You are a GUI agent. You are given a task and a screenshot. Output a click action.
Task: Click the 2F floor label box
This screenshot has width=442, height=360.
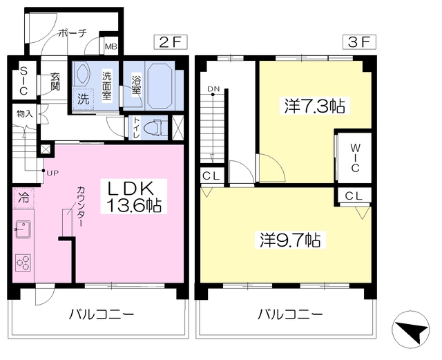[171, 42]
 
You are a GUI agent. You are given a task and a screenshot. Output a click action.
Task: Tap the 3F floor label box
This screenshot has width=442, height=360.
[359, 42]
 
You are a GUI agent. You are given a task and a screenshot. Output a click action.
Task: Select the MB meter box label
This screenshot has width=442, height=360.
[111, 46]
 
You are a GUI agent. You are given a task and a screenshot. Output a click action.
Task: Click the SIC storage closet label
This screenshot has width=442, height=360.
[23, 80]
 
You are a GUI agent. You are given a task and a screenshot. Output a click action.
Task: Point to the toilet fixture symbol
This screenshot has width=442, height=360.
[154, 128]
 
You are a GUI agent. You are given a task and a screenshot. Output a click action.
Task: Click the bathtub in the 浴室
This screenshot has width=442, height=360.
[160, 86]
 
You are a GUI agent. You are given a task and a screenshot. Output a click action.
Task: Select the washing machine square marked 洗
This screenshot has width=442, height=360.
[83, 99]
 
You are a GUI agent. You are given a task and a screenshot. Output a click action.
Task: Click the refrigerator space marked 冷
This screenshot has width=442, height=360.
[23, 198]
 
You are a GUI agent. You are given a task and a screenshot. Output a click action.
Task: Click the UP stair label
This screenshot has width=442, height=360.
[52, 173]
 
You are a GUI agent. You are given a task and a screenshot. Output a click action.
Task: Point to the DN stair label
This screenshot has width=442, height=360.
[213, 89]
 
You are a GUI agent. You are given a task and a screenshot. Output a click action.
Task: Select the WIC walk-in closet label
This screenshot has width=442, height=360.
[355, 158]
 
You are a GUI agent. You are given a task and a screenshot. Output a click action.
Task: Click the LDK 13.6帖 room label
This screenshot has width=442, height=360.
[134, 196]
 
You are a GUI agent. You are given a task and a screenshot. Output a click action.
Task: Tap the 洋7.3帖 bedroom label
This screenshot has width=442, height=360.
[314, 106]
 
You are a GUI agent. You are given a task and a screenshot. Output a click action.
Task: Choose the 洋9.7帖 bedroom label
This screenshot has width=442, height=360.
[290, 240]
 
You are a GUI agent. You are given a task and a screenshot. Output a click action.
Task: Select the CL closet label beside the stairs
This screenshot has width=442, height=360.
[211, 176]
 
